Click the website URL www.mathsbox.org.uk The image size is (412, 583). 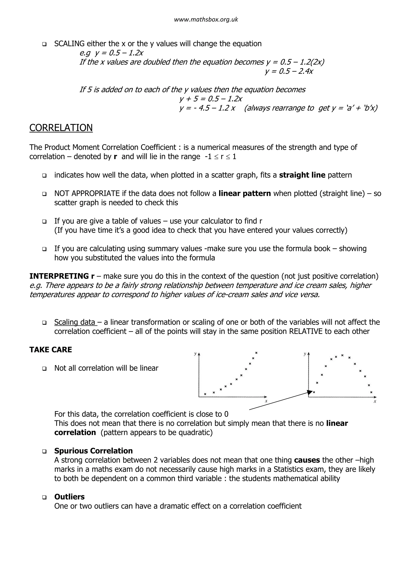point(206,20)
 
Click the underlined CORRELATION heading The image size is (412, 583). point(61,128)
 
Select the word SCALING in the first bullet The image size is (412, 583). point(69,44)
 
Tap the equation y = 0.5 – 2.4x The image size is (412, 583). point(289,71)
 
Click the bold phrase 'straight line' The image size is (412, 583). point(302,175)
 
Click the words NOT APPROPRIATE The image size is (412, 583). point(87,193)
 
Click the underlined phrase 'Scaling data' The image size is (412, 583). point(75,322)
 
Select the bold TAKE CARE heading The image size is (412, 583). point(51,350)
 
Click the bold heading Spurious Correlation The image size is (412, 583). point(93,451)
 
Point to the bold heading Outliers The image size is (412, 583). point(69,497)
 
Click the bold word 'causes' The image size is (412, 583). point(307,460)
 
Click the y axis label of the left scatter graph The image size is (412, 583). point(195,354)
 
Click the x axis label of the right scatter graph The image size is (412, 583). point(375,401)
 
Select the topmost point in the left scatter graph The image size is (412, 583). point(256,353)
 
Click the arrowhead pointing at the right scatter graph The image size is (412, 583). point(310,392)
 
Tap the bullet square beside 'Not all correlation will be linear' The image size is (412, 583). point(44,368)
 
